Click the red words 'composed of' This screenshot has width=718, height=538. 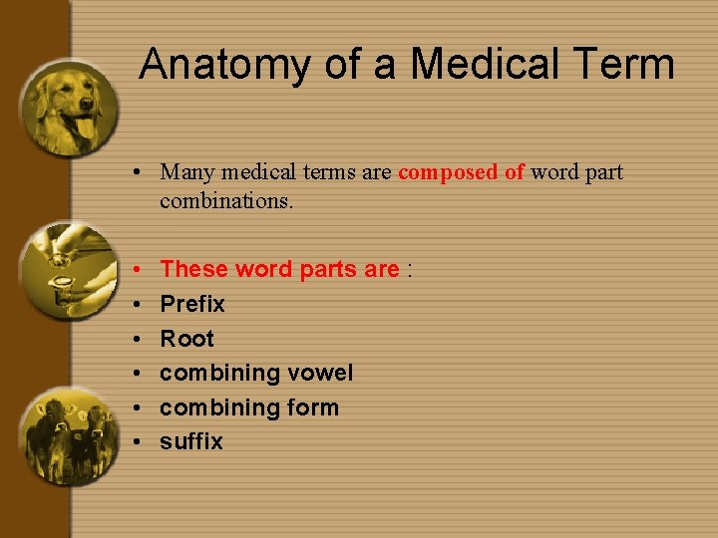[x=461, y=172]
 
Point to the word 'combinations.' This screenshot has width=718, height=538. [x=226, y=200]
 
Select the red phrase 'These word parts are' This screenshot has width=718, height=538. [x=279, y=269]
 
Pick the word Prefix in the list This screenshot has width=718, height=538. [x=192, y=304]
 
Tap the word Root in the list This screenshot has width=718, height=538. [x=186, y=339]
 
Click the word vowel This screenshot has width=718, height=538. [x=320, y=373]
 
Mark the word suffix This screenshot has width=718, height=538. [x=191, y=441]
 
